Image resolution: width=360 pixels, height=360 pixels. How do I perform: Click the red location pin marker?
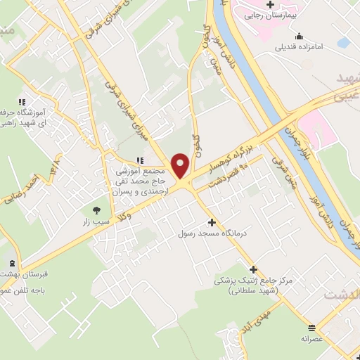coord(181,165)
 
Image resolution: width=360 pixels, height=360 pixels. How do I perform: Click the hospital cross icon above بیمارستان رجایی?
coord(269,4)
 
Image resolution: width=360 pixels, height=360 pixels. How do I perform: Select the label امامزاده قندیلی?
coord(300,46)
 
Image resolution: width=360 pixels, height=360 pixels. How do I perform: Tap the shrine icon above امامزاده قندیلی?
coord(300,36)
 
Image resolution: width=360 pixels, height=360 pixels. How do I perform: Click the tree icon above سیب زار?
coord(96,209)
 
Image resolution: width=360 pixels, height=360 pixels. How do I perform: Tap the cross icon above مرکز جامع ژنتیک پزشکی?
coord(253,269)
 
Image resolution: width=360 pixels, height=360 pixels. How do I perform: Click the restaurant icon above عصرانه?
coord(311,327)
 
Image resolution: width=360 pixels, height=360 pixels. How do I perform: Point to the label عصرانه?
coord(311,337)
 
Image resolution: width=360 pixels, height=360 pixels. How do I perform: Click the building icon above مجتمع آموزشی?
coord(139,160)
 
